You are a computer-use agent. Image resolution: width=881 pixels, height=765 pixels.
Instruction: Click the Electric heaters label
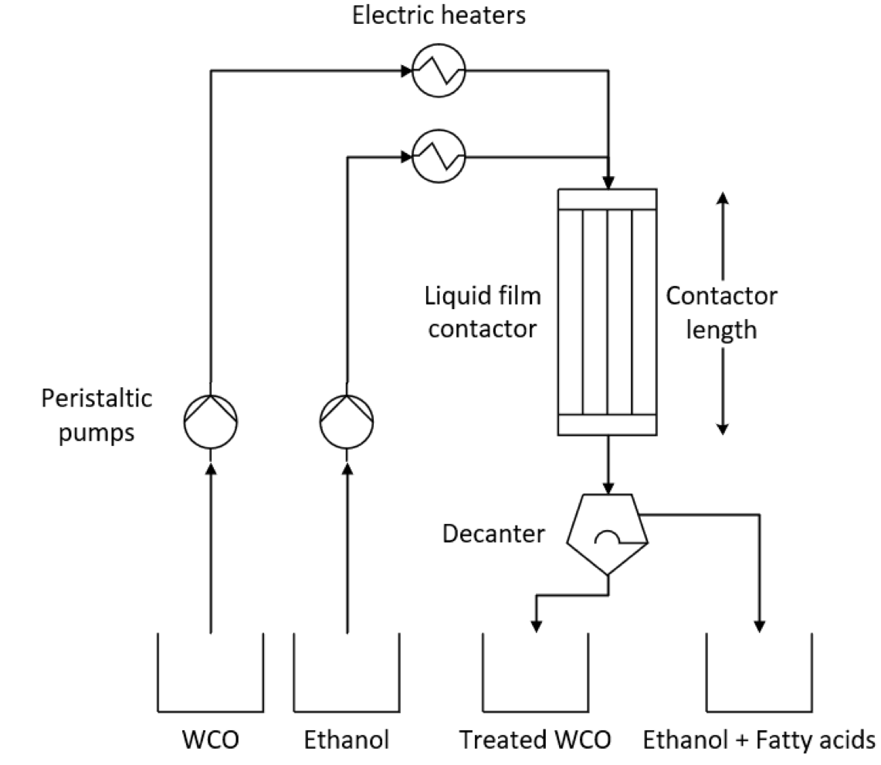pyautogui.click(x=439, y=16)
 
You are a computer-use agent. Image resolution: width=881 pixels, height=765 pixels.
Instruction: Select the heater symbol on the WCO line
pyautogui.click(x=438, y=71)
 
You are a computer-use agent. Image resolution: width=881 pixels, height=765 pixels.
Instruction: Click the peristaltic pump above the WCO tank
pyautogui.click(x=211, y=421)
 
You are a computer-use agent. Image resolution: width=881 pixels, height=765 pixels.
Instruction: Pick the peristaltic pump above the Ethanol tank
pyautogui.click(x=347, y=421)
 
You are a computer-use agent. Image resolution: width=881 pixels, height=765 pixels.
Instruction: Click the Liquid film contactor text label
pyautogui.click(x=483, y=312)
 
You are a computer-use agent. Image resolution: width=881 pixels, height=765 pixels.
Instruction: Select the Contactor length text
pyautogui.click(x=721, y=312)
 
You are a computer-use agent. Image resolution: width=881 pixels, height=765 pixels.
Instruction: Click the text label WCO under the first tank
pyautogui.click(x=211, y=739)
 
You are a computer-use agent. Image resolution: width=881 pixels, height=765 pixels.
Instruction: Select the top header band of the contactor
pyautogui.click(x=607, y=199)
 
